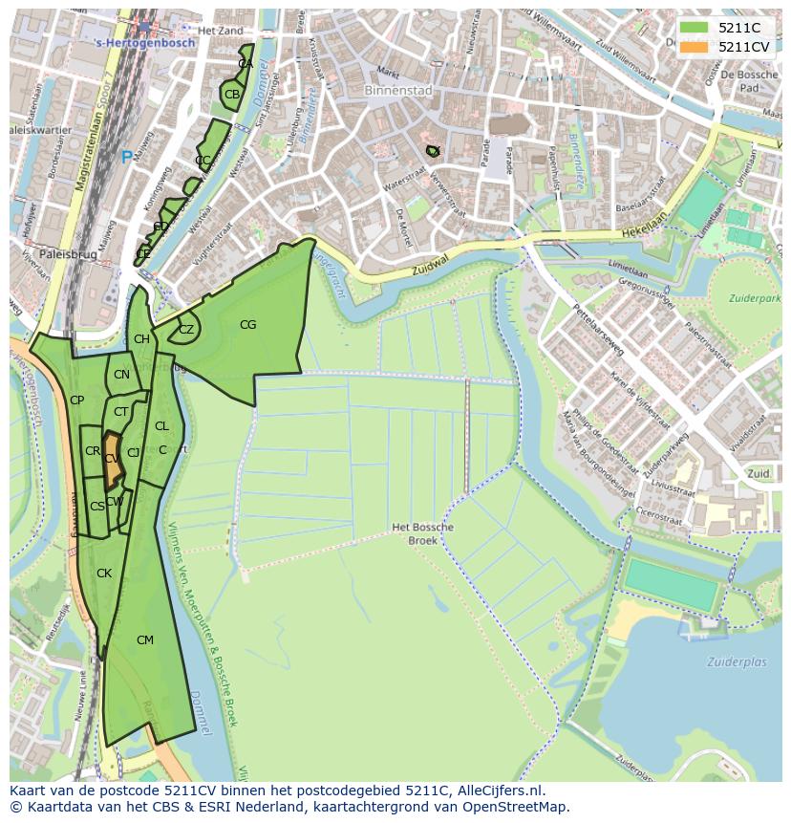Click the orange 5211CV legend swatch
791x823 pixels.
pyautogui.click(x=695, y=47)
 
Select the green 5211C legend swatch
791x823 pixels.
pyautogui.click(x=695, y=28)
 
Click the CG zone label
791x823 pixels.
pyautogui.click(x=247, y=325)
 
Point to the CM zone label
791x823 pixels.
pyautogui.click(x=144, y=639)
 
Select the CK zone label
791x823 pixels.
pyautogui.click(x=104, y=574)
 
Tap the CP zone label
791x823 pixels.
pyautogui.click(x=77, y=401)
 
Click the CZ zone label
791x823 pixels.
pyautogui.click(x=186, y=330)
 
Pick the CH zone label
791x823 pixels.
pyautogui.click(x=141, y=339)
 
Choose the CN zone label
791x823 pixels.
pyautogui.click(x=121, y=375)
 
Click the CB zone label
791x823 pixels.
pyautogui.click(x=232, y=94)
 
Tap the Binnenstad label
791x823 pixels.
pyautogui.click(x=398, y=91)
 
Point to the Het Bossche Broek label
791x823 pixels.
pyautogui.click(x=422, y=533)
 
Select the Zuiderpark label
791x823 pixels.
pyautogui.click(x=753, y=298)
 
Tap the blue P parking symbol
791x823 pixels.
pyautogui.click(x=126, y=157)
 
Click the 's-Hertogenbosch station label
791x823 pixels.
pyautogui.click(x=145, y=43)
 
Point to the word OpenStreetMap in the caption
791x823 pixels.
pyautogui.click(x=521, y=807)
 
